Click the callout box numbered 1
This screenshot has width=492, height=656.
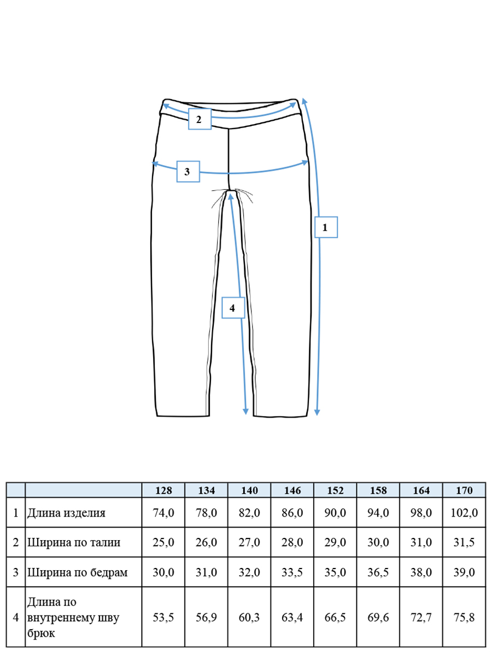[326, 227]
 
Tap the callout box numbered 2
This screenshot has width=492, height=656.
[200, 119]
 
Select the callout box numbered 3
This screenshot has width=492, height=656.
[188, 171]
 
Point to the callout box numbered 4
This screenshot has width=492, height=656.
[233, 308]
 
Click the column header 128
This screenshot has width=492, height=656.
[163, 490]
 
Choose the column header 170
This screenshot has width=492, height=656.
[464, 490]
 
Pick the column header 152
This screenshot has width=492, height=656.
[335, 490]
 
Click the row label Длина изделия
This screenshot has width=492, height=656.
[66, 513]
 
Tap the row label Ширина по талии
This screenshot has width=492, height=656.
[74, 542]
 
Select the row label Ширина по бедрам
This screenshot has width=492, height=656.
[78, 572]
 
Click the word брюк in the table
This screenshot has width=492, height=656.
[41, 632]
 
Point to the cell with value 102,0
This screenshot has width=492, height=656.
[464, 513]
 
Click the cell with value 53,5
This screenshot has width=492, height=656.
[163, 617]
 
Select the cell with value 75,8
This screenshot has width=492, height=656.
[464, 617]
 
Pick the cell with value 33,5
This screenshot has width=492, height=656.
[292, 572]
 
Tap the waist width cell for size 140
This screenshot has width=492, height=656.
[249, 542]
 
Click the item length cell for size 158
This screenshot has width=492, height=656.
[378, 513]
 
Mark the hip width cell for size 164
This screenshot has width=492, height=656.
[421, 572]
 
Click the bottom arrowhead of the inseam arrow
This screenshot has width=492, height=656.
[245, 412]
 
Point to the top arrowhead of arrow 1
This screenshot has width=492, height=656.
[304, 101]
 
